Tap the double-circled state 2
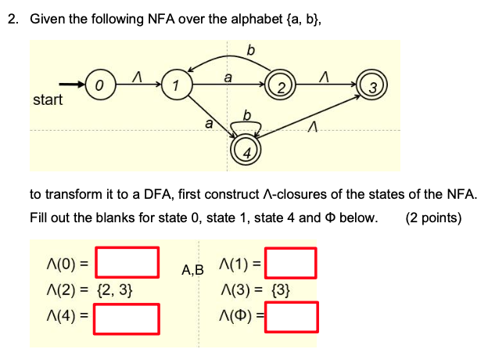(x=279, y=85)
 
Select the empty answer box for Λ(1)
(x=290, y=262)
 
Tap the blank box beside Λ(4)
(x=127, y=318)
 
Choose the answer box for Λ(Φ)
(x=290, y=318)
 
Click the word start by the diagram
(x=48, y=100)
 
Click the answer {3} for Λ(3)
(x=278, y=290)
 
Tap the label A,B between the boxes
(x=192, y=270)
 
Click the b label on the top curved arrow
(x=250, y=51)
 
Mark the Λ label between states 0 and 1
(x=137, y=73)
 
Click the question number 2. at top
(x=13, y=19)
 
